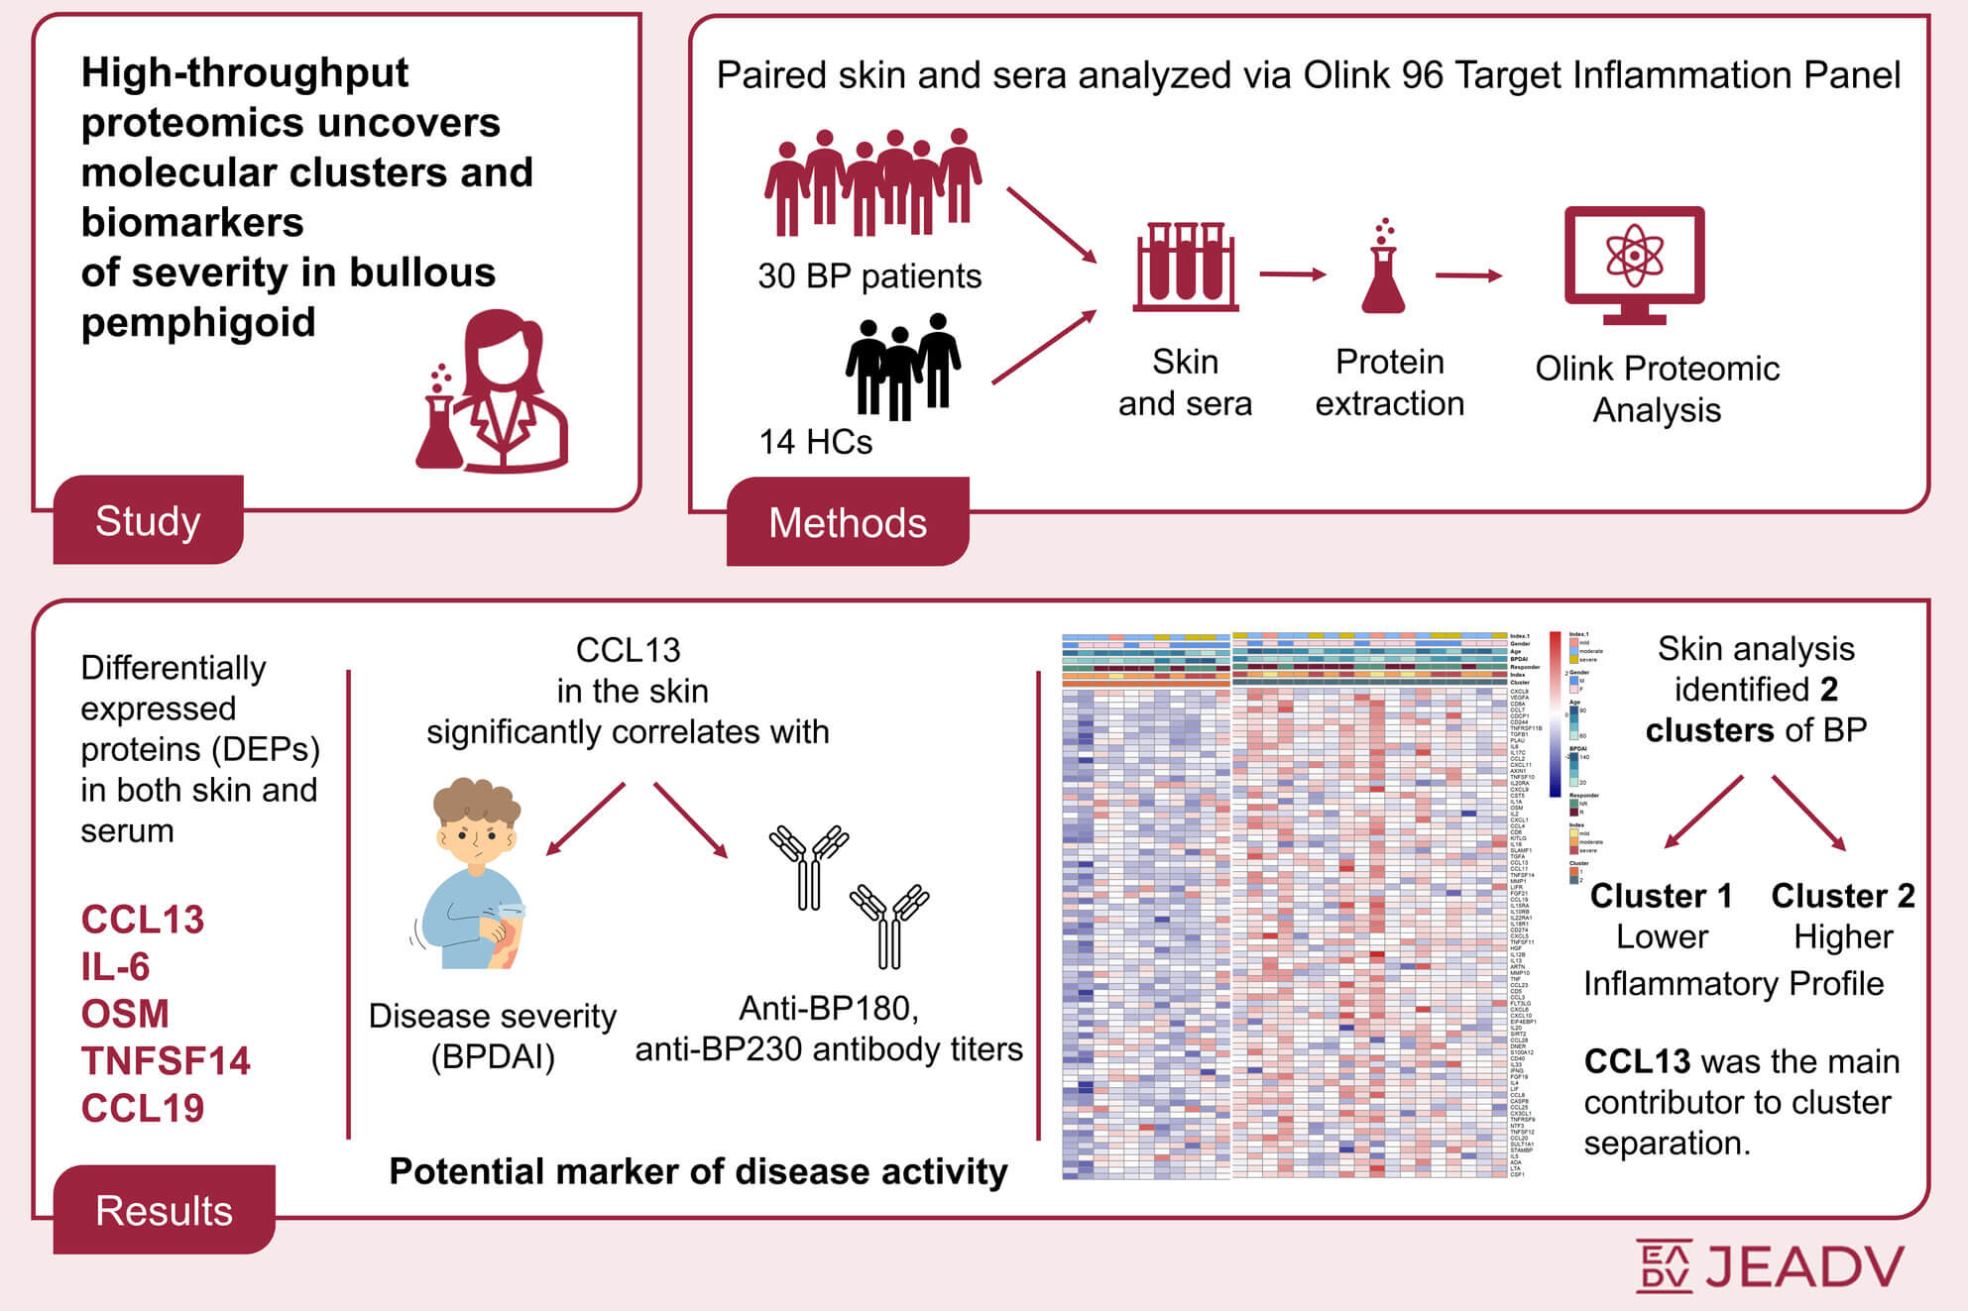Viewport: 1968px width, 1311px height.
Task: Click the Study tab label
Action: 148,521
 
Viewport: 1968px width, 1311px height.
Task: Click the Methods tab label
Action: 848,523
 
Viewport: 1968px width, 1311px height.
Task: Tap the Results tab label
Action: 164,1211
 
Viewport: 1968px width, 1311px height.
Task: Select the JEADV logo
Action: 1770,1265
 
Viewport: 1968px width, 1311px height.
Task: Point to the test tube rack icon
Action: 1186,267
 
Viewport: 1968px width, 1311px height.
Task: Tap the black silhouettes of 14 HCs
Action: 902,367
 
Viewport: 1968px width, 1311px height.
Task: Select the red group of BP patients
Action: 872,182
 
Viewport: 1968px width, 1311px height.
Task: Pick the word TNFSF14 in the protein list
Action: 166,1061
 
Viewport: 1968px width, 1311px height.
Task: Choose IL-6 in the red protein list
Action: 115,967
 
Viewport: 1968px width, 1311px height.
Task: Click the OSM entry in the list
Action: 125,1014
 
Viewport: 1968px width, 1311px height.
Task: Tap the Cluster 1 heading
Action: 1661,896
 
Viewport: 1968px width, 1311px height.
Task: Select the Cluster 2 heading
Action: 1842,896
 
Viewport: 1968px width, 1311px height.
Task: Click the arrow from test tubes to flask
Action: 1293,274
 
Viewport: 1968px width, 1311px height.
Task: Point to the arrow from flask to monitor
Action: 1468,275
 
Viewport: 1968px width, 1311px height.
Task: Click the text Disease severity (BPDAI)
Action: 492,1037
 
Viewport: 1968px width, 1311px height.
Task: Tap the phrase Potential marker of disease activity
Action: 698,1171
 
